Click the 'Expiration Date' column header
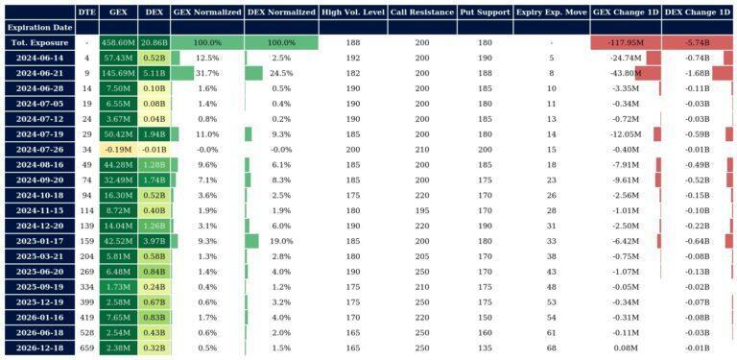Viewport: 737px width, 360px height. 38,28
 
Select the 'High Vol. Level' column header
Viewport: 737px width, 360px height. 353,12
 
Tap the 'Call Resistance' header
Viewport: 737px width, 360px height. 421,12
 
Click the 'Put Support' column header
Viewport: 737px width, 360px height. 485,12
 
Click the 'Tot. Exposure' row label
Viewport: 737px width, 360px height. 38,43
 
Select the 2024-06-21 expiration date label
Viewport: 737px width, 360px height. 38,73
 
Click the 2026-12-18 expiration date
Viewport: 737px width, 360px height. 38,348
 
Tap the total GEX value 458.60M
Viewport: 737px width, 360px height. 119,43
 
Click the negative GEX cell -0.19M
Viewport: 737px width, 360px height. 119,150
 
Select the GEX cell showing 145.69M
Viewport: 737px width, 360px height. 119,73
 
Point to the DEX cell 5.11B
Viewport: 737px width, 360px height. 154,73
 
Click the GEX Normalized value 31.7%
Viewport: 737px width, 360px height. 206,73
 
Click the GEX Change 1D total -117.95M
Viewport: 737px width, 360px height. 626,43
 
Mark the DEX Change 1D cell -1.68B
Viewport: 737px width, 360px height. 697,73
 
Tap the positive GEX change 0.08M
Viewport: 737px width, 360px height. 626,348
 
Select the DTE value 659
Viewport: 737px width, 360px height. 87,348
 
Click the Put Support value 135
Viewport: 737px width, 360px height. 485,348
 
